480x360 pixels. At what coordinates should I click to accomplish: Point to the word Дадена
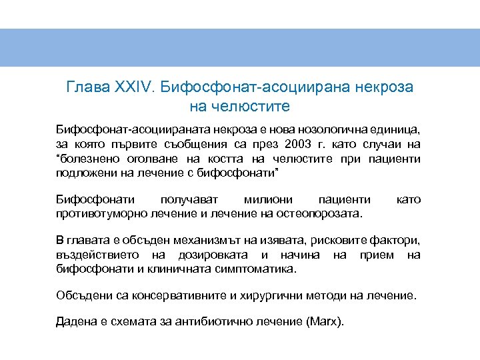tap(73, 323)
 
